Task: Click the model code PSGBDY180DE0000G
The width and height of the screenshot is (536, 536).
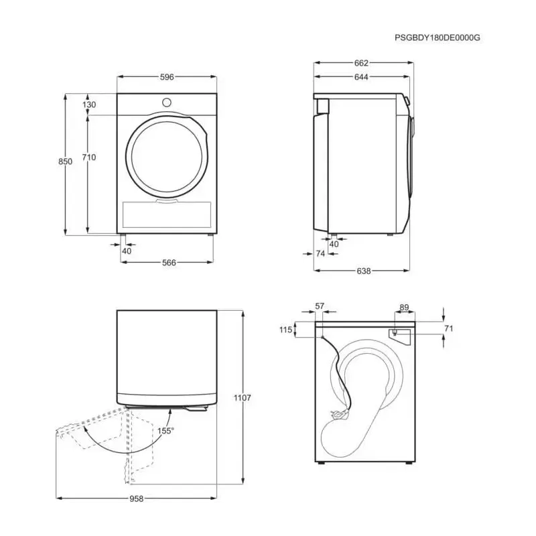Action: click(438, 38)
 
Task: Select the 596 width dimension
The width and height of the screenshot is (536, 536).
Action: click(167, 77)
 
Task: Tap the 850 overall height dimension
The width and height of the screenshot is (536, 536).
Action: click(65, 161)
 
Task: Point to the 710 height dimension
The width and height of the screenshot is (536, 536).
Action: click(89, 157)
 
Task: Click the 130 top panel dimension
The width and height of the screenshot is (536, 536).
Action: click(89, 105)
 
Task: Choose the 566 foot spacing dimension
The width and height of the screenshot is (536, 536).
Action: click(169, 263)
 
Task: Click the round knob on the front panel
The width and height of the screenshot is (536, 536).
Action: click(166, 103)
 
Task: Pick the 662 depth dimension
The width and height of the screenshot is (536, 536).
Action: click(361, 63)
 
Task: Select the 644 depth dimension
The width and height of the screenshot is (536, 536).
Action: click(361, 77)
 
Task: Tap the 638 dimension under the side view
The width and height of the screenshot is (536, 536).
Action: click(363, 271)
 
